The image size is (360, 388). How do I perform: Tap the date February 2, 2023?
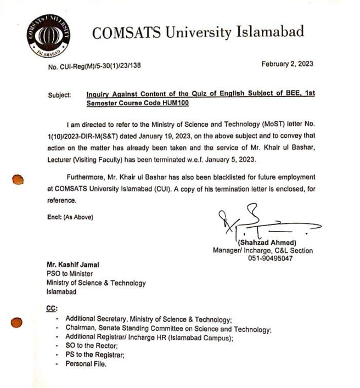click(x=287, y=64)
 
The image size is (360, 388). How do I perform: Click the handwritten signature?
click(x=258, y=222)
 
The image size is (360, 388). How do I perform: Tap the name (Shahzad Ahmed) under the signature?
click(x=267, y=243)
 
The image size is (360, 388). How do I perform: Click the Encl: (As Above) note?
click(x=70, y=217)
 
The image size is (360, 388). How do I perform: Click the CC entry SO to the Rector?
click(x=92, y=346)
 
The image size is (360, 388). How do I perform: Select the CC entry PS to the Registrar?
click(x=94, y=355)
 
